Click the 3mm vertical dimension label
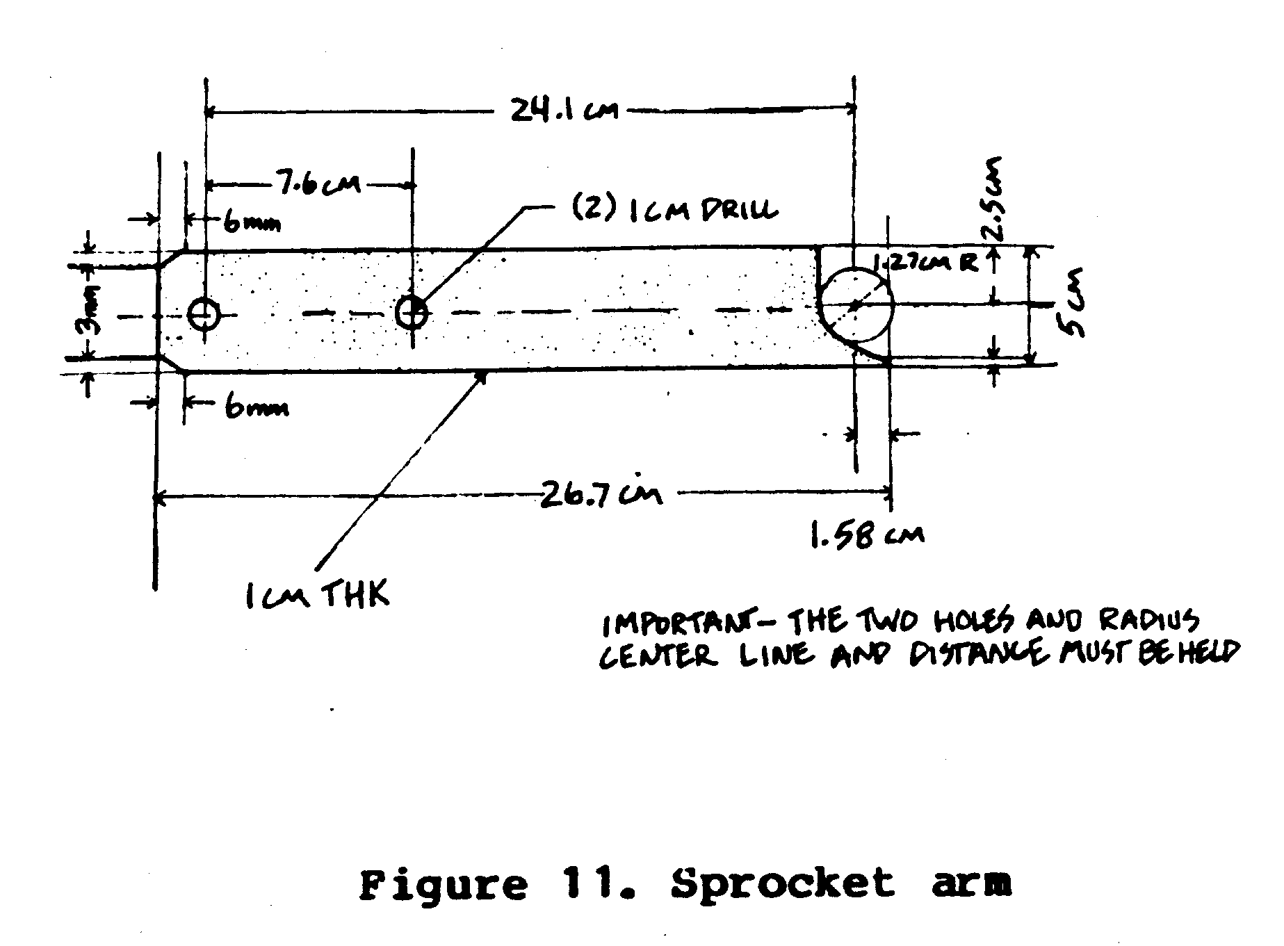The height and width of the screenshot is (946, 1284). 91,313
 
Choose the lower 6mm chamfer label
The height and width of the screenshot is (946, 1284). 256,408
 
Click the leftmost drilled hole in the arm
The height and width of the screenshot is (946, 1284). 204,315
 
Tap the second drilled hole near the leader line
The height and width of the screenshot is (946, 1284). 412,311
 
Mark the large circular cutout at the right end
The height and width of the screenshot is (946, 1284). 855,304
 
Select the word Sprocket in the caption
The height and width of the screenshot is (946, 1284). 782,885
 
